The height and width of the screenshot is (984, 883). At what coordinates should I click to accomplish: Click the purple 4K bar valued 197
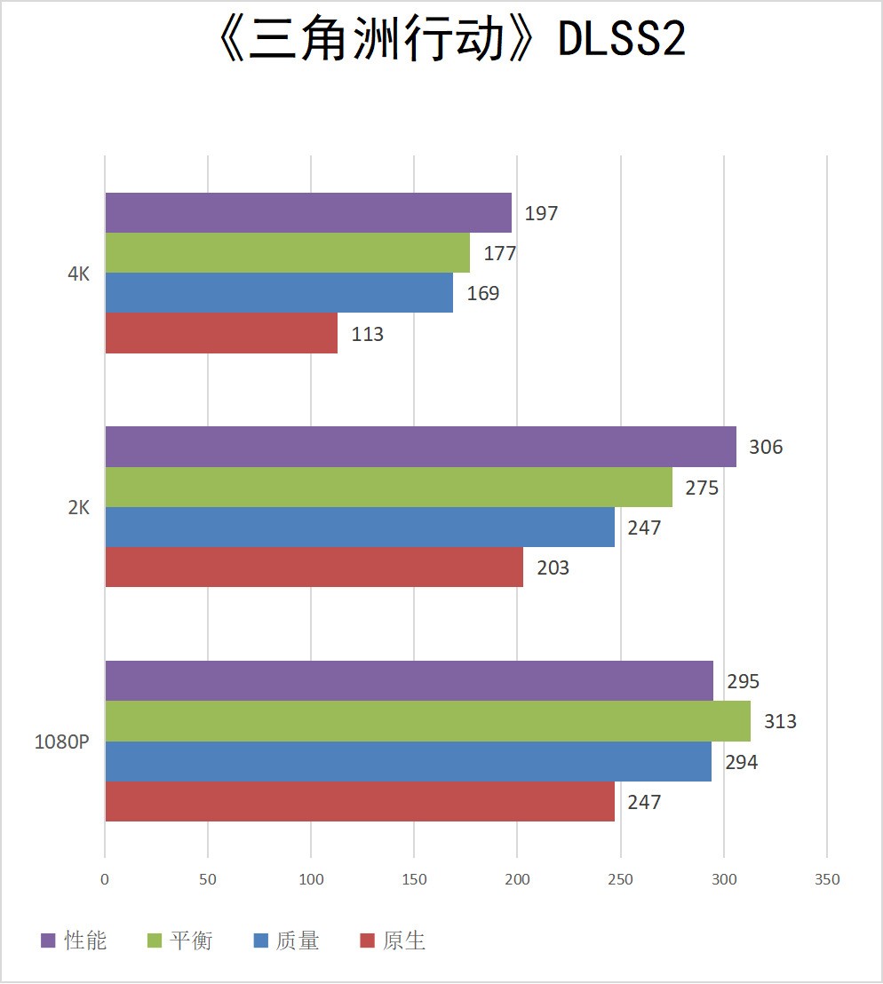308,213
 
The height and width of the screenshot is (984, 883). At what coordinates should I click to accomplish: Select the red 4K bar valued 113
221,333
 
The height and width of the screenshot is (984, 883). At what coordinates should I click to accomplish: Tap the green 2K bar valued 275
388,487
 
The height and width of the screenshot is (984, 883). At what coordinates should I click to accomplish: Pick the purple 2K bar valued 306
420,447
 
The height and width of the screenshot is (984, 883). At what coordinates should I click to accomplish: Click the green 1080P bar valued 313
427,721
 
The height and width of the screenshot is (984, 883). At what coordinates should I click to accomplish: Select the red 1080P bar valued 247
360,801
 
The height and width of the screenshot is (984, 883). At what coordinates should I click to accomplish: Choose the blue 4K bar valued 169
279,293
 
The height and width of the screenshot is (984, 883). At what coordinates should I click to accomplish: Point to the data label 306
766,447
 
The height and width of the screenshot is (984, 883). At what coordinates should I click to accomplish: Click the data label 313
780,721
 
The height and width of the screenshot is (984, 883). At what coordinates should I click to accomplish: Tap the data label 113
367,334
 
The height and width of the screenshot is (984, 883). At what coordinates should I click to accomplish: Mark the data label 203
553,567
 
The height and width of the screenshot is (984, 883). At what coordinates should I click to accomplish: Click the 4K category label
79,274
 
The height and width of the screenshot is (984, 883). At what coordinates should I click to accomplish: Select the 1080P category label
62,742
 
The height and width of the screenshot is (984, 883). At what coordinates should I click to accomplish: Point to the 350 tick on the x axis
827,879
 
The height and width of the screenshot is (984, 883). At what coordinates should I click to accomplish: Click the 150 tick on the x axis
414,879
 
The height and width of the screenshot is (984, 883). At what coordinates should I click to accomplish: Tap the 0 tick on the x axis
105,879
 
